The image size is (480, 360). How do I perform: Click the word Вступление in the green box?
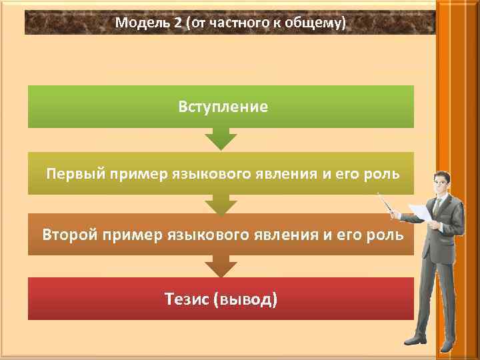click(x=223, y=107)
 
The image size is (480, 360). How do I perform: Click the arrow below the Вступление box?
click(x=221, y=139)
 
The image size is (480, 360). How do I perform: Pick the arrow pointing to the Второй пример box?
click(x=221, y=204)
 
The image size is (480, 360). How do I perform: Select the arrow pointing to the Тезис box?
click(x=221, y=266)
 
